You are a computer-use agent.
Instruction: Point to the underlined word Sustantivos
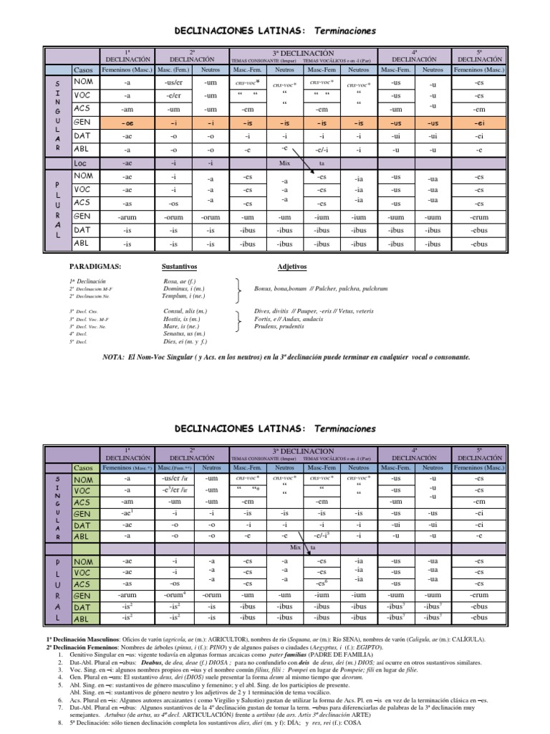point(180,266)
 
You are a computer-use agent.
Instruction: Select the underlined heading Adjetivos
point(291,266)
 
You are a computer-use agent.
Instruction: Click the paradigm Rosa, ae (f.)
point(180,282)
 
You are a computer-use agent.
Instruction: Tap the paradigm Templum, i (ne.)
point(183,295)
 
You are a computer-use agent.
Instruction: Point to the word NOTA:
point(115,356)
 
